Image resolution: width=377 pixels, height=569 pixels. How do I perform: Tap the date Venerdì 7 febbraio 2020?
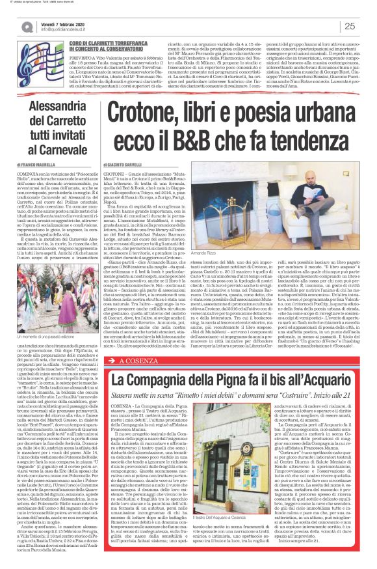click(x=66, y=23)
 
